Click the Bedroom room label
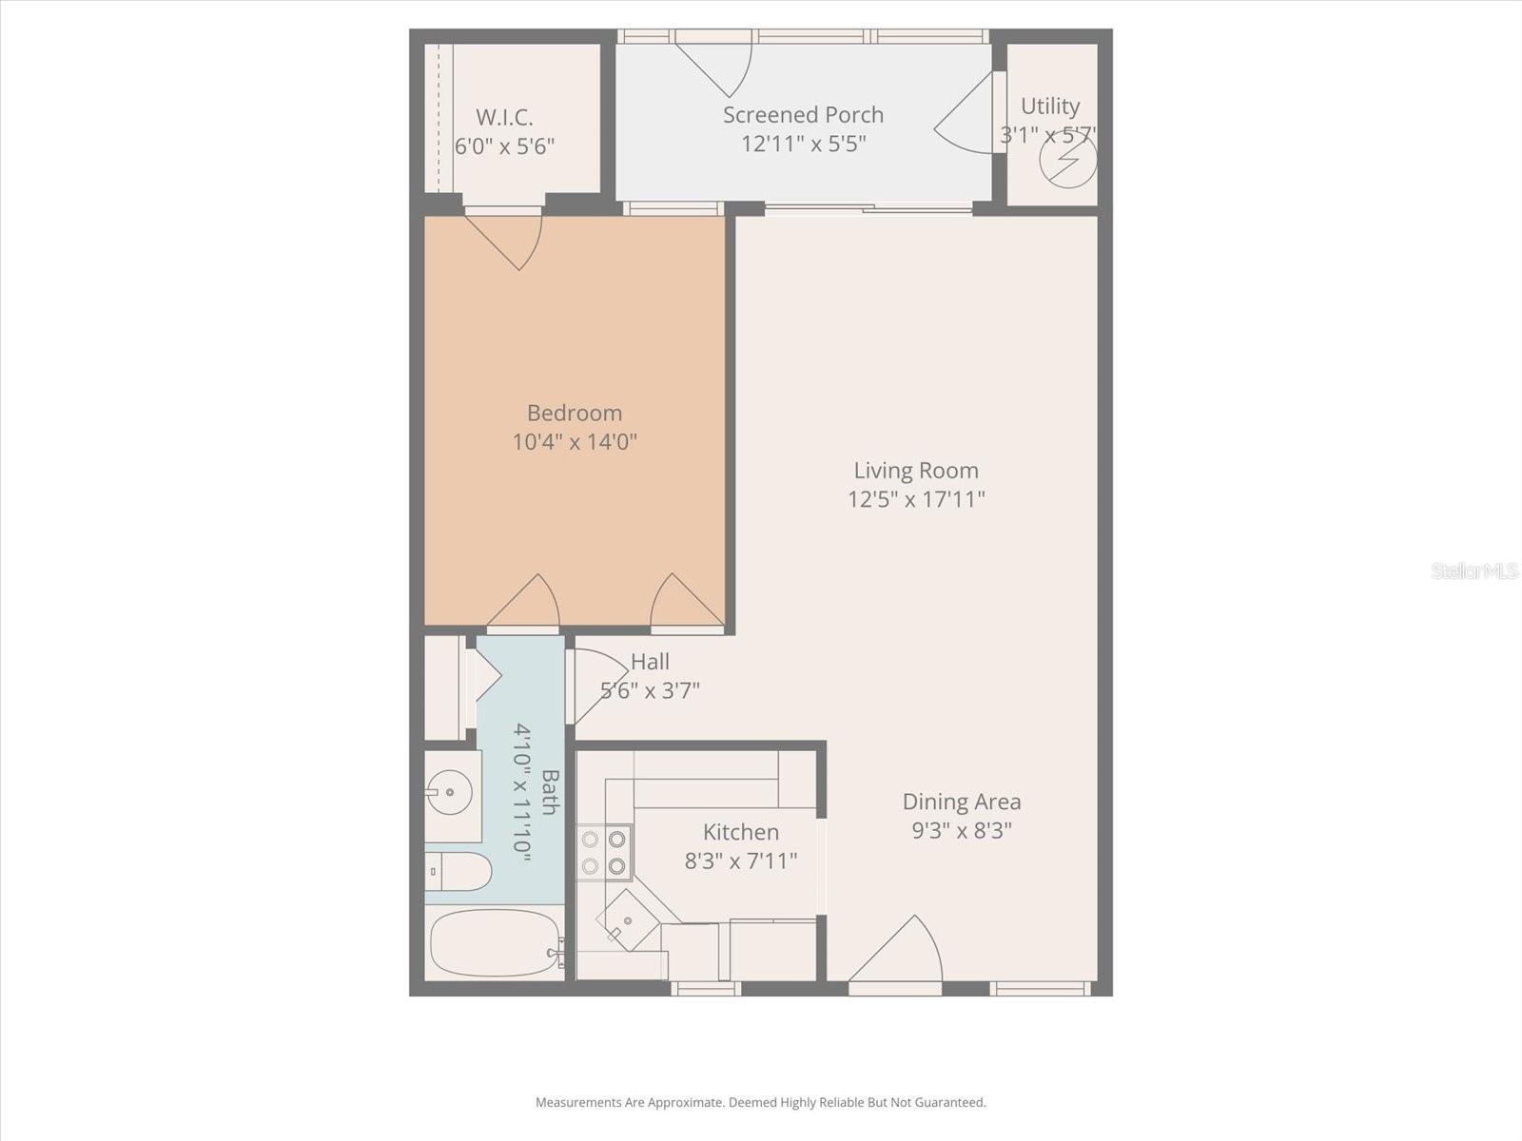pyautogui.click(x=575, y=413)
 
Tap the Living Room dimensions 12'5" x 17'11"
pyautogui.click(x=916, y=499)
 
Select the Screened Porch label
pyautogui.click(x=803, y=115)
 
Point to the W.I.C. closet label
pyautogui.click(x=504, y=118)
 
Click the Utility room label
pyautogui.click(x=1050, y=106)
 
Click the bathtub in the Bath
pyautogui.click(x=495, y=943)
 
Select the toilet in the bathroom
pyautogui.click(x=459, y=870)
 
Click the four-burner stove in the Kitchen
pyautogui.click(x=604, y=852)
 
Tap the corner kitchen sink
pyautogui.click(x=628, y=919)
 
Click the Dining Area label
pyautogui.click(x=961, y=802)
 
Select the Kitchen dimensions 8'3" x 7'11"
pyautogui.click(x=741, y=861)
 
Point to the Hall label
pyautogui.click(x=650, y=662)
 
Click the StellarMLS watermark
pyautogui.click(x=1474, y=571)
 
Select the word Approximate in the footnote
pyautogui.click(x=685, y=1103)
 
